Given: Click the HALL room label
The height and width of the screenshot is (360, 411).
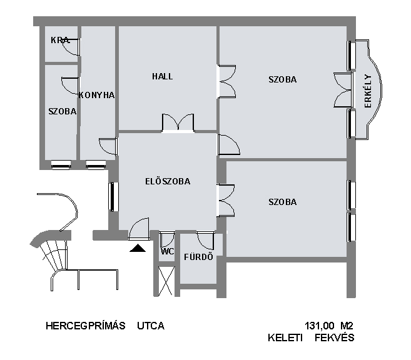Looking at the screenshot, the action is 162,76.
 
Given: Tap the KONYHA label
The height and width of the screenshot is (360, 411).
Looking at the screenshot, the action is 96,95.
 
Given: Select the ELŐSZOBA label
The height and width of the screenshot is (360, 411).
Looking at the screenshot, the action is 168,181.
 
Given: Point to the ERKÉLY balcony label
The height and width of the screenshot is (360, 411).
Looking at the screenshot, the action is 368,91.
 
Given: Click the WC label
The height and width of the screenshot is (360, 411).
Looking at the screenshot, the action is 167,252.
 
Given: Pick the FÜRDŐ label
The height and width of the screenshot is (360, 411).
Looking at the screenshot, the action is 198,257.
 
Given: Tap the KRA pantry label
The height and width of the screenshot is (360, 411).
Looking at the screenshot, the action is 60,40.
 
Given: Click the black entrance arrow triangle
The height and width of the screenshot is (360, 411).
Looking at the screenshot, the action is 138,248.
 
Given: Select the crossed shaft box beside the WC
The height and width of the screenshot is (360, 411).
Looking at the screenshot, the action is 166,281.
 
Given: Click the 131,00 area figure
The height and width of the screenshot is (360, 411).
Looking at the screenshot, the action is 319,326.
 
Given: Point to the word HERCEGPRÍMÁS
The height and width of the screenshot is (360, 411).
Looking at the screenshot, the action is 86,326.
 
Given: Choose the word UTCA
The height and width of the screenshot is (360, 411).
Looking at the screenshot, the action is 151,326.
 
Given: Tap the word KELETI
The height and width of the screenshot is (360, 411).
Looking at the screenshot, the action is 285,337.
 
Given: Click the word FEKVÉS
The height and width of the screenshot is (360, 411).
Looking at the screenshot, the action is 335,337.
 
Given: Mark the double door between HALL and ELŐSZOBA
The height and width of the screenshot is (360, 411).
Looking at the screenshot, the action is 178,123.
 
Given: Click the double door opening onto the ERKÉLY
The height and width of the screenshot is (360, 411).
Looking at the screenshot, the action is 343,90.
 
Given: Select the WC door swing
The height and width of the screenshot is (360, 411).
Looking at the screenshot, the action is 167,239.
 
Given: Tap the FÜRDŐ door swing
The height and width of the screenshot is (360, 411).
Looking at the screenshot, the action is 205,241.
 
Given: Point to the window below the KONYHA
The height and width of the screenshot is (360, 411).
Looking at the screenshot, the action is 96,164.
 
